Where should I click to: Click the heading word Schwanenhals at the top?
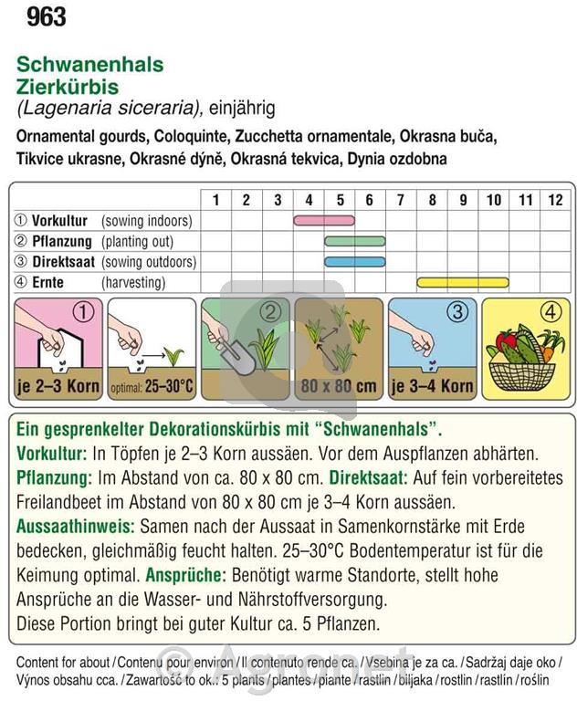[x=89, y=65]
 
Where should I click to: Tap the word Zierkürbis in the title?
[x=67, y=87]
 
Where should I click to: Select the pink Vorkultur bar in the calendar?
[x=324, y=220]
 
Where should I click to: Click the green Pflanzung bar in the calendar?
[x=354, y=241]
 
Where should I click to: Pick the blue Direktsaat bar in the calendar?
[x=354, y=262]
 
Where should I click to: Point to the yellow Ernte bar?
[x=463, y=283]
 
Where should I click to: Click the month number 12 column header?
[x=555, y=200]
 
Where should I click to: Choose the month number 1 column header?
[x=215, y=200]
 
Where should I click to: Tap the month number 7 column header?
[x=401, y=200]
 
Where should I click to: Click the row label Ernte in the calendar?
[x=47, y=283]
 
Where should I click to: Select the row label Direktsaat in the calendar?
[x=63, y=262]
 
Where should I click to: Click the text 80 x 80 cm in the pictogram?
[x=339, y=386]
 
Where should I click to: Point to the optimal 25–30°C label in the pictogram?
[x=152, y=386]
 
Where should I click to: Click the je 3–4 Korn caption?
[x=432, y=386]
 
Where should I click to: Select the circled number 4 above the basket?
[x=550, y=311]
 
